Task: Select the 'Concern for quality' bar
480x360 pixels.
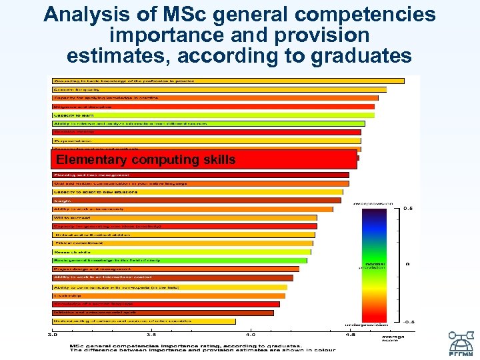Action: click(219, 89)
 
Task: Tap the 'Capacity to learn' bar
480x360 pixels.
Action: click(213, 115)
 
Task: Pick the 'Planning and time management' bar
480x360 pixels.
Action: click(201, 175)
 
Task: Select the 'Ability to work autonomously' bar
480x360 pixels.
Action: click(193, 209)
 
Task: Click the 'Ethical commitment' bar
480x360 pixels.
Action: click(183, 243)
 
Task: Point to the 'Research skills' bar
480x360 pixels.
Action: click(181, 252)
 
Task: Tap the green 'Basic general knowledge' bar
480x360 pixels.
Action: click(179, 261)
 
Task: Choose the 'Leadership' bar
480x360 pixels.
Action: click(169, 295)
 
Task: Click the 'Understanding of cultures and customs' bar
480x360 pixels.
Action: click(144, 321)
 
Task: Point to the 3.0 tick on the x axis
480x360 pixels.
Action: click(52, 334)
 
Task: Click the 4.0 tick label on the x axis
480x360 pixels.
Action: click(251, 334)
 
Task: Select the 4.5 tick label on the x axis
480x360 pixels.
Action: click(350, 334)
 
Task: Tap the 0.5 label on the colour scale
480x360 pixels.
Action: click(410, 209)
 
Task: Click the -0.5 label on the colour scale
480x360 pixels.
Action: click(410, 321)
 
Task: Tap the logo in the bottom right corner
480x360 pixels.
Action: click(461, 342)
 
